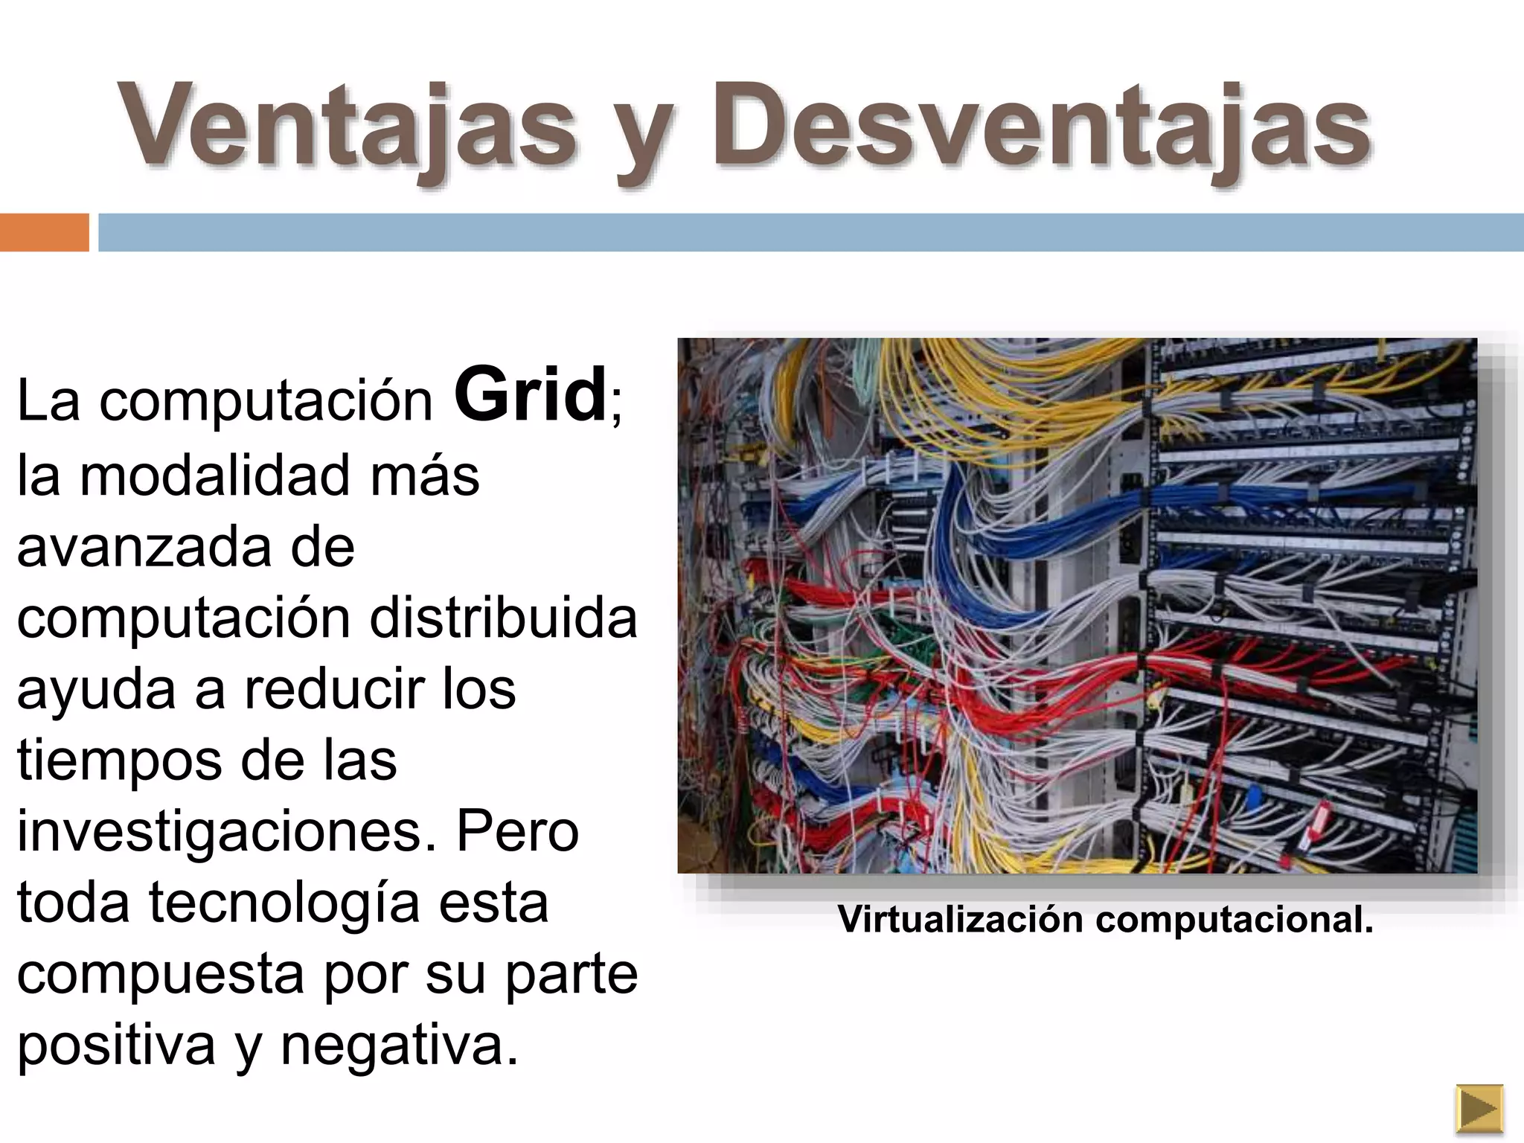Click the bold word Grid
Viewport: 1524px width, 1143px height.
tap(530, 394)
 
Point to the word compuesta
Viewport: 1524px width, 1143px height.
tap(160, 975)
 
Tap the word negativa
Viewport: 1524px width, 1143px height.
tap(399, 1045)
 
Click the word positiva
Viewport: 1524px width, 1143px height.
tap(116, 1045)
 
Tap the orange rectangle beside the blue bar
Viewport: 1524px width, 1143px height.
tap(44, 232)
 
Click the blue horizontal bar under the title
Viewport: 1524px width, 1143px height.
tap(811, 232)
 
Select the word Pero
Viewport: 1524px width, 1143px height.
tap(517, 832)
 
